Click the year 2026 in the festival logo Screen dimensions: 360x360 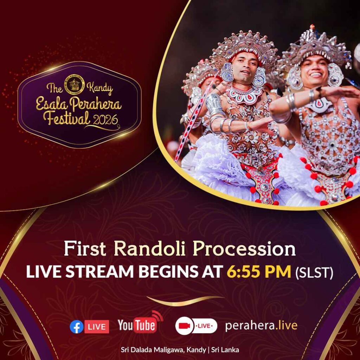(x=105, y=120)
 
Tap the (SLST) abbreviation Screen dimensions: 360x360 (x=314, y=272)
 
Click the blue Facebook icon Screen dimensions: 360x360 (x=76, y=327)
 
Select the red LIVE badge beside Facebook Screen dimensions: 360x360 (x=97, y=327)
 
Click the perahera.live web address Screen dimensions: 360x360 (x=261, y=326)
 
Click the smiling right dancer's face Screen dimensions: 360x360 (x=314, y=71)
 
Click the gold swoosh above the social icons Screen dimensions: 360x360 (x=185, y=301)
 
